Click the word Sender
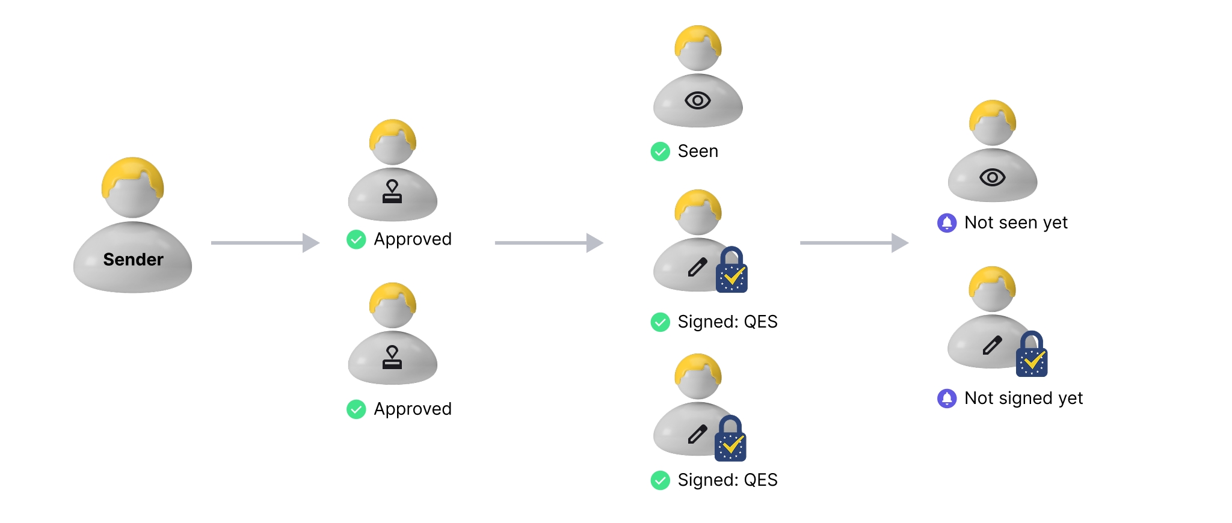pos(133,260)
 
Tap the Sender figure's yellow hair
pos(132,171)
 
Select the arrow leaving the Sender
pos(265,243)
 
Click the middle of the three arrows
pos(548,243)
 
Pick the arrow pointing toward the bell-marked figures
pos(854,243)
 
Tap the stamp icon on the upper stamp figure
pos(392,192)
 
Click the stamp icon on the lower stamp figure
pos(392,357)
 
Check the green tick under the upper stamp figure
pos(356,240)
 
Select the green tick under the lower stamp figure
pos(356,409)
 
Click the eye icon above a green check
pos(698,100)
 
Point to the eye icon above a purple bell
pos(992,177)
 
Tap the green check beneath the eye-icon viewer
pos(660,151)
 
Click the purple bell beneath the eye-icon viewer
pos(947,223)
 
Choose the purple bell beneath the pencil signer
pos(947,399)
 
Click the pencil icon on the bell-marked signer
pos(992,345)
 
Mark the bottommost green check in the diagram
pos(660,480)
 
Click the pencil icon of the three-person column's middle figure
pos(697,267)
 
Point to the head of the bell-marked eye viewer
pos(993,124)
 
